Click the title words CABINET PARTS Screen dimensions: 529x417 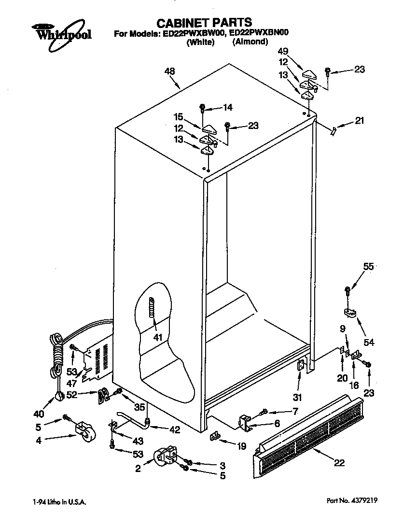pos(205,22)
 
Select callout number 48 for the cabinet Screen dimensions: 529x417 pos(169,71)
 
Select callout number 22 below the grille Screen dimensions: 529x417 pos(339,463)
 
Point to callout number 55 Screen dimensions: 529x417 pos(368,266)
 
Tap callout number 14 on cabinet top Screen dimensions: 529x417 pos(227,108)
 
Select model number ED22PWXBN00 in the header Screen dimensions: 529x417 pos(262,33)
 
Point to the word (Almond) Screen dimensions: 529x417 pos(250,42)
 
